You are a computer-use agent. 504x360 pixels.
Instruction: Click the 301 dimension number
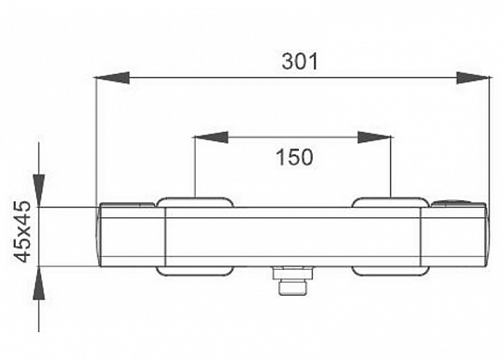click(300, 61)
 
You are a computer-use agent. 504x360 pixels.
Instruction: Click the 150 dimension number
click(294, 157)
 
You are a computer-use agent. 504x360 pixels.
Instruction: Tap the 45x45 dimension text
click(22, 231)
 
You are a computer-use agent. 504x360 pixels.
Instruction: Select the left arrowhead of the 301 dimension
click(111, 78)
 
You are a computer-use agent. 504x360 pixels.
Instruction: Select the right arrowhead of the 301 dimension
click(473, 78)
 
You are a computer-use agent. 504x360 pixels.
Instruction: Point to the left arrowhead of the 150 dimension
click(212, 137)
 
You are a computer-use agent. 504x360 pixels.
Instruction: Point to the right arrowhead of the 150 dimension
click(375, 137)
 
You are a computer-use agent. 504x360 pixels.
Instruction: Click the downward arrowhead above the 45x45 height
click(39, 190)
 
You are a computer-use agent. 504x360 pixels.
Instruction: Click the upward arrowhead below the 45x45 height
click(39, 283)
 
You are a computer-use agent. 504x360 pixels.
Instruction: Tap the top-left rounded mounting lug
click(195, 202)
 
